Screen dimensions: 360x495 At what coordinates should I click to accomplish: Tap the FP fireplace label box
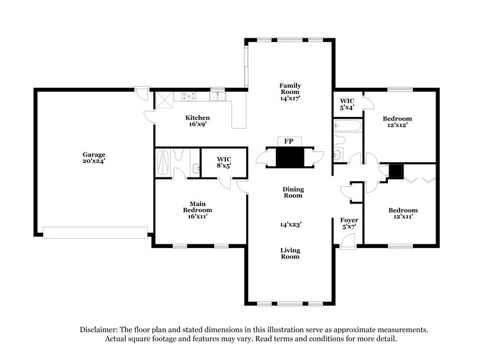[x=288, y=142]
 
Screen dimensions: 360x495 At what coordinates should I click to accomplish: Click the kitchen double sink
[x=217, y=96]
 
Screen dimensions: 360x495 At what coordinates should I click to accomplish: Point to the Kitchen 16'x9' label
[x=198, y=121]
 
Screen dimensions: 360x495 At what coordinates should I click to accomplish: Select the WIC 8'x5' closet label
[x=223, y=163]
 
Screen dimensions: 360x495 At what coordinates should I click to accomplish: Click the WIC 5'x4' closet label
[x=347, y=104]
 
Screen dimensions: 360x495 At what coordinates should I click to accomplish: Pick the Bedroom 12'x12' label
[x=397, y=122]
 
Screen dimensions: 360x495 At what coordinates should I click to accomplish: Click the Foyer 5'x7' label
[x=349, y=223]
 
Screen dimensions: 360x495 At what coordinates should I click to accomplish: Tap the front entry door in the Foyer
[x=348, y=242]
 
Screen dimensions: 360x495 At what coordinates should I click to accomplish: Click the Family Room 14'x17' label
[x=290, y=92]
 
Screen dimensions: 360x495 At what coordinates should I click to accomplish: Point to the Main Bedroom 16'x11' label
[x=197, y=210]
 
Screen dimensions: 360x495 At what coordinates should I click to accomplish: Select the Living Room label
[x=290, y=254]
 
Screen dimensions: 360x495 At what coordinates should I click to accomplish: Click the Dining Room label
[x=293, y=192]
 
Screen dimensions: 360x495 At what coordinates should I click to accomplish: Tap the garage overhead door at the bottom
[x=96, y=232]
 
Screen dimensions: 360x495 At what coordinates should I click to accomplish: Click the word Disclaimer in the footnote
[x=101, y=330]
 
